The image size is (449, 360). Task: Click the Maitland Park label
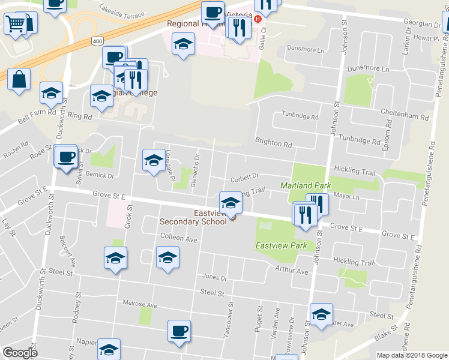[306, 186]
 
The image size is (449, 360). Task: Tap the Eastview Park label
[282, 245]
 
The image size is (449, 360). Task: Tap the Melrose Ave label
[139, 305]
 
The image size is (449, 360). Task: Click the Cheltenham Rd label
[406, 118]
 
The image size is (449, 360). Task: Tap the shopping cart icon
[15, 24]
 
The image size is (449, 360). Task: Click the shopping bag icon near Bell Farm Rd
[19, 80]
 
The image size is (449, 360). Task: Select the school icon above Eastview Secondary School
[231, 203]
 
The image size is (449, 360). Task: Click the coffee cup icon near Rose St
[65, 157]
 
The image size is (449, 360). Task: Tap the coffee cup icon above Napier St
[178, 332]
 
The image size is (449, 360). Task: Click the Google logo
[20, 353]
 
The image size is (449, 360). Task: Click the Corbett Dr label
[244, 176]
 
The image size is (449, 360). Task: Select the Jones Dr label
[214, 278]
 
